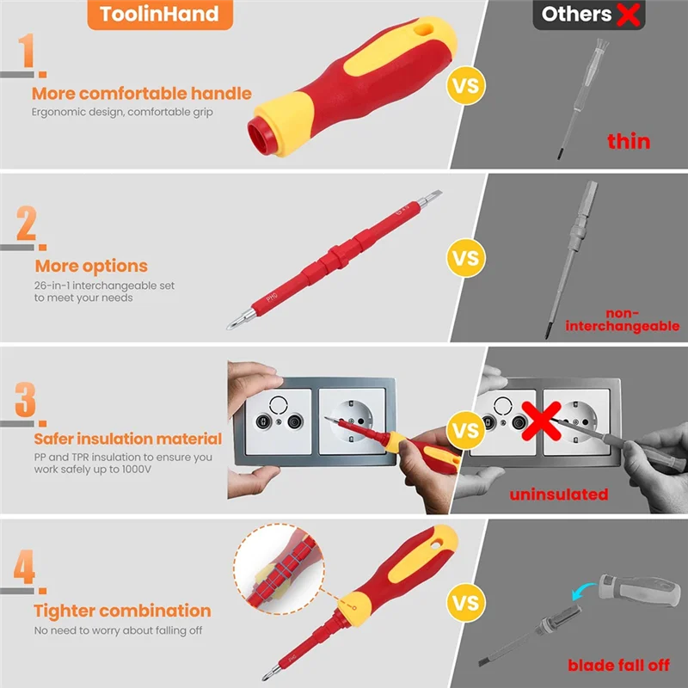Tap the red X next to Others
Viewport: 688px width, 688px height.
tap(628, 14)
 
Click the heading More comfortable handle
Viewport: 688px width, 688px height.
tap(142, 93)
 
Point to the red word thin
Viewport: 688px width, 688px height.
tap(629, 141)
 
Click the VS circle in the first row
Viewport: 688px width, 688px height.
tap(465, 86)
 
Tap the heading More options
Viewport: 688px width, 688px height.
tap(91, 266)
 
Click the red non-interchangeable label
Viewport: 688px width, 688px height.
tap(622, 320)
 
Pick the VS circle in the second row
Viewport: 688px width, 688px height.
tap(465, 258)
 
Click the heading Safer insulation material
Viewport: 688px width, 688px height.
tap(127, 439)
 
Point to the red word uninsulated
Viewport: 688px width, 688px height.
tap(559, 494)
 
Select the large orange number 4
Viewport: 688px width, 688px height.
tap(25, 569)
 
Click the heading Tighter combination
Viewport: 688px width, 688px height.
tap(122, 611)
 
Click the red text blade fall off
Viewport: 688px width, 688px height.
tap(618, 665)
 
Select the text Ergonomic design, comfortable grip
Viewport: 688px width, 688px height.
tap(122, 112)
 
